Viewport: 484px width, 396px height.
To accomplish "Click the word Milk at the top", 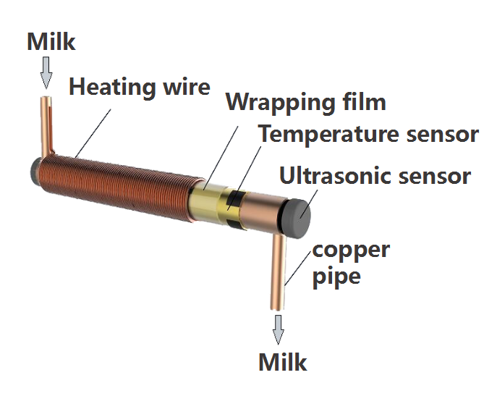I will pyautogui.click(x=51, y=41).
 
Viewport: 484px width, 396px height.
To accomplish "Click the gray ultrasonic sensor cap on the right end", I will pyautogui.click(x=297, y=216).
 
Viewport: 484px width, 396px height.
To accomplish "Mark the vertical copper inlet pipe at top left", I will pyautogui.click(x=47, y=123).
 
